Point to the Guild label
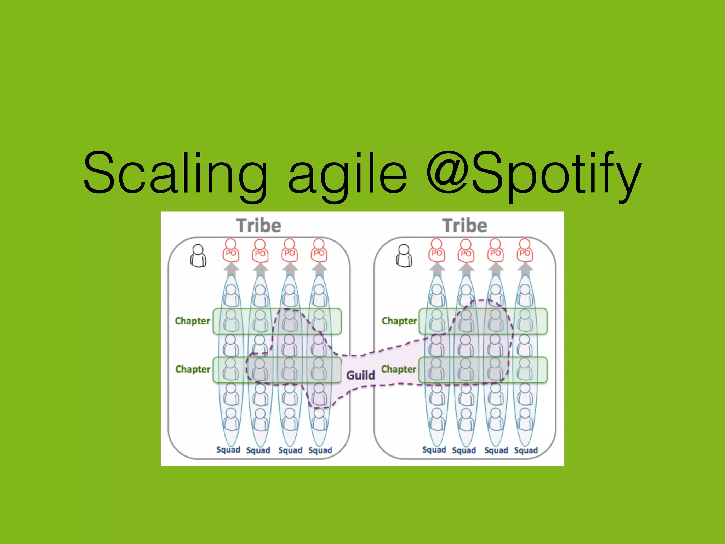click(360, 375)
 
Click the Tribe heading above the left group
click(259, 226)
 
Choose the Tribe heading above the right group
click(465, 226)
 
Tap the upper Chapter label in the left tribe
click(192, 321)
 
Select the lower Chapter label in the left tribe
click(193, 369)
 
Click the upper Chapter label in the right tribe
click(399, 321)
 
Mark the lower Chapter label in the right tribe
click(399, 369)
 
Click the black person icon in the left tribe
click(198, 256)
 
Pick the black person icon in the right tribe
click(404, 256)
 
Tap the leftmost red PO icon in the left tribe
click(231, 251)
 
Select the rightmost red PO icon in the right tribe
click(525, 251)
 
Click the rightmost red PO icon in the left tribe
click(319, 251)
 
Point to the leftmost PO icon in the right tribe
click(436, 251)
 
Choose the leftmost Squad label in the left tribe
click(228, 450)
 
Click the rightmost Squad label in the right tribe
click(526, 450)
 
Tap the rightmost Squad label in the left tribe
click(320, 450)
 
